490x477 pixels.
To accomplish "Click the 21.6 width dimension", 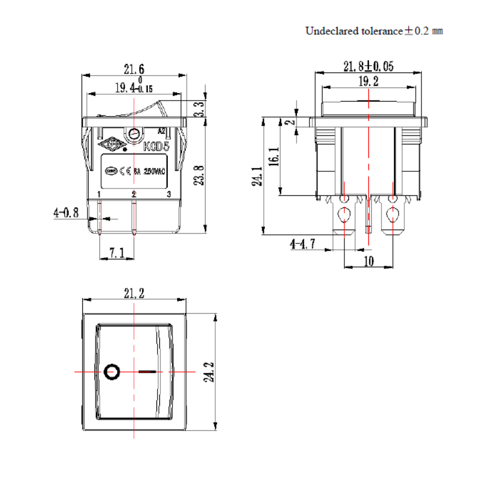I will [x=135, y=70].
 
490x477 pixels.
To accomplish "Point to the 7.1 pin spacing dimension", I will [x=117, y=252].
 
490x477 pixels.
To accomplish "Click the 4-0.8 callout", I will [x=66, y=213].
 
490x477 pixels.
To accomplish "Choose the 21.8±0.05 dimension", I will [x=368, y=67].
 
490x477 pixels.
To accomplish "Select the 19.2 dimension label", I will [x=368, y=82].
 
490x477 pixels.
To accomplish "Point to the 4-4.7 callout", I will [x=303, y=244].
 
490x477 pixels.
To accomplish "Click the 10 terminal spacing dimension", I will [x=368, y=261].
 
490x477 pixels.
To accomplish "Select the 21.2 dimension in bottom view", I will [x=134, y=294].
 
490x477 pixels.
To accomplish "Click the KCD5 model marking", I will [x=156, y=147].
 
